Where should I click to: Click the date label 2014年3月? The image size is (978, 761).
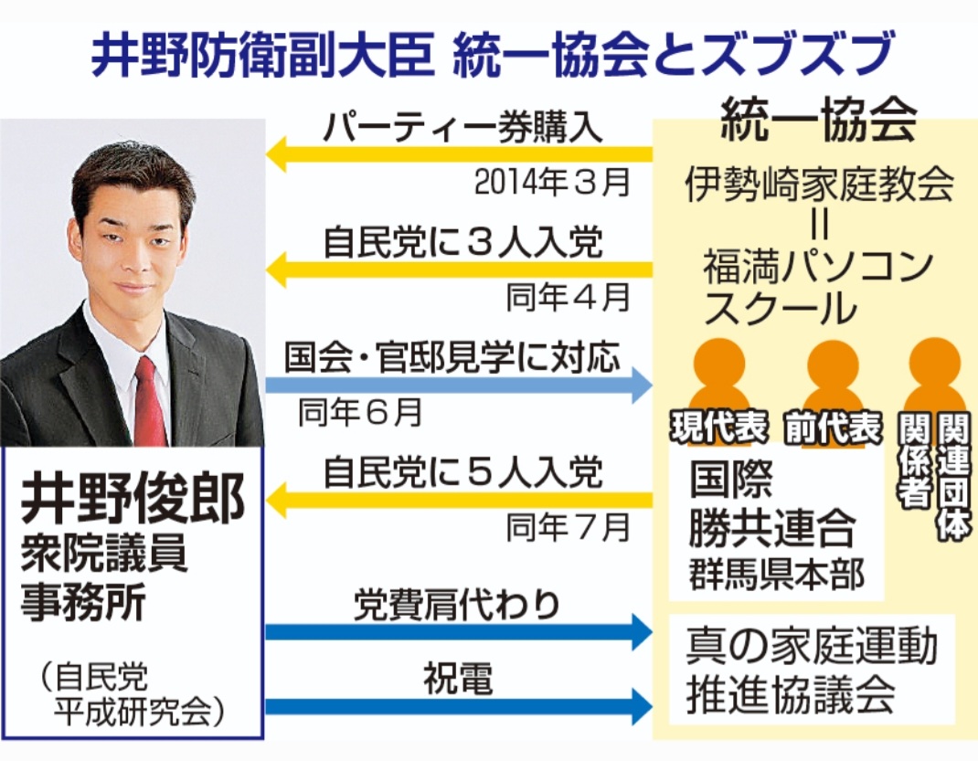coord(552,183)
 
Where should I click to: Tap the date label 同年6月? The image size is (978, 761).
coord(360,413)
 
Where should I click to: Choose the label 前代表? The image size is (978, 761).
coord(833,428)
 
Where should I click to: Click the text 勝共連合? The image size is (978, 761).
coord(772,527)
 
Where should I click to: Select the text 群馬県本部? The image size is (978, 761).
coord(776,576)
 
